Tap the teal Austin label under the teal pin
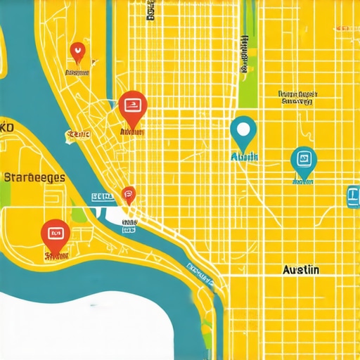point(244,156)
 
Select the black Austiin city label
point(300,269)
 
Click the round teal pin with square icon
point(303,160)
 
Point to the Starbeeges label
point(34,177)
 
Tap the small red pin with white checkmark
point(77,51)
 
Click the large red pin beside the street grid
point(131,106)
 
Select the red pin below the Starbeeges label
point(55,233)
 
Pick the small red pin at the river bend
point(128,193)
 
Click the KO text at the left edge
point(7,128)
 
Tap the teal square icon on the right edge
point(353,197)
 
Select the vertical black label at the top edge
point(150,10)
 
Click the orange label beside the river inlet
point(78,134)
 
